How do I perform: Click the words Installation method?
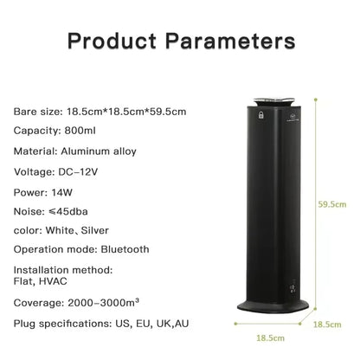pyautogui.click(x=60, y=269)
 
